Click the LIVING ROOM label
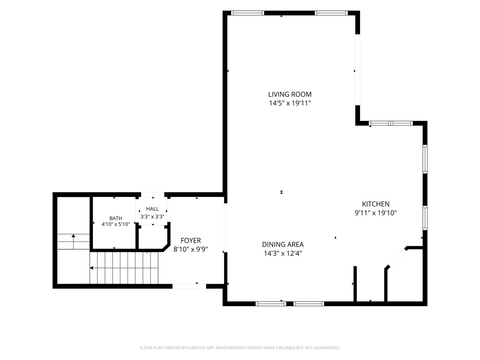tap(290, 94)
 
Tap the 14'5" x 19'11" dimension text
tap(290, 103)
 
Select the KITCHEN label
tap(375, 204)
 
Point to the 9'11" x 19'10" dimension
tap(375, 213)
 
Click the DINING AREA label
tap(283, 245)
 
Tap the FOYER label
tap(191, 240)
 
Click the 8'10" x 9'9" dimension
tap(191, 249)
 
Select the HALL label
tap(152, 209)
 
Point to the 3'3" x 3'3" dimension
tap(152, 217)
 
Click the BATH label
tap(116, 218)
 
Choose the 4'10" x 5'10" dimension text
tap(116, 224)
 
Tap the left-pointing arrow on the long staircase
tap(124, 268)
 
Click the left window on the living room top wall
tap(247, 13)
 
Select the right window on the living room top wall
tap(331, 13)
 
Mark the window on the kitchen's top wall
tap(390, 123)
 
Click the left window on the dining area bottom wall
tap(271, 304)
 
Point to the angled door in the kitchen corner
tap(397, 258)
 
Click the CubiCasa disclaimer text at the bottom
tap(240, 348)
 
